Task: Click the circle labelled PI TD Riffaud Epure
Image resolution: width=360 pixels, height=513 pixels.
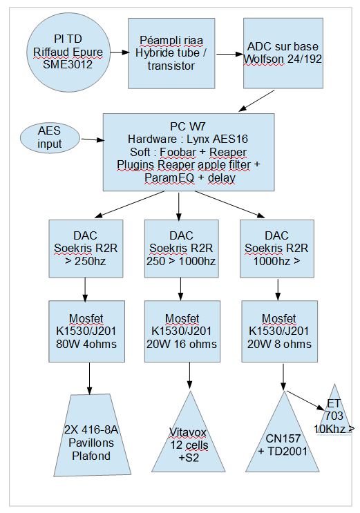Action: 68,52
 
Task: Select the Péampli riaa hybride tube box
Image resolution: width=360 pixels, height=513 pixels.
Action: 171,53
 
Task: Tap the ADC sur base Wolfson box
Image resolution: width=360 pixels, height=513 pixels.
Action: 283,53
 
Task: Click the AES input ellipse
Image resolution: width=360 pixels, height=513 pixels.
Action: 50,137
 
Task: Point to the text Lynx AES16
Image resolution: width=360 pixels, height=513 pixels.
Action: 217,139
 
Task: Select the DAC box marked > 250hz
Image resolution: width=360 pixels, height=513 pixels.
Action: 86,249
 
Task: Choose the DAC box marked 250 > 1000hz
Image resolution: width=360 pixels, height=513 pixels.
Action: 182,249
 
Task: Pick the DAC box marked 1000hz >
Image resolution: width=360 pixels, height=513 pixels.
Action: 277,249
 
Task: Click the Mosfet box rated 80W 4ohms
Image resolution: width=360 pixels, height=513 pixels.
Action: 86,331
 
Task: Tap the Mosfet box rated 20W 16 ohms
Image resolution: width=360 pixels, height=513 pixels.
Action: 182,331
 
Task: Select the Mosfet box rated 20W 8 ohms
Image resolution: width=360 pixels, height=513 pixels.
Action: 279,331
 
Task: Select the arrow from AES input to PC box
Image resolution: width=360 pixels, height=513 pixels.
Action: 93,140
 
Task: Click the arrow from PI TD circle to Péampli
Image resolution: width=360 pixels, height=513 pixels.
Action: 119,52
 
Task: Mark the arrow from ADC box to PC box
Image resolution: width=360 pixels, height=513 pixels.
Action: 256,101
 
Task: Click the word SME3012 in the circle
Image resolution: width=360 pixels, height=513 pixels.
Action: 68,64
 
